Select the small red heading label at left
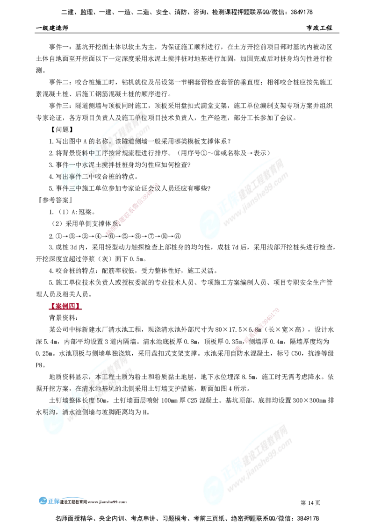click(x=65, y=307)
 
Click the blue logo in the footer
click(x=49, y=500)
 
